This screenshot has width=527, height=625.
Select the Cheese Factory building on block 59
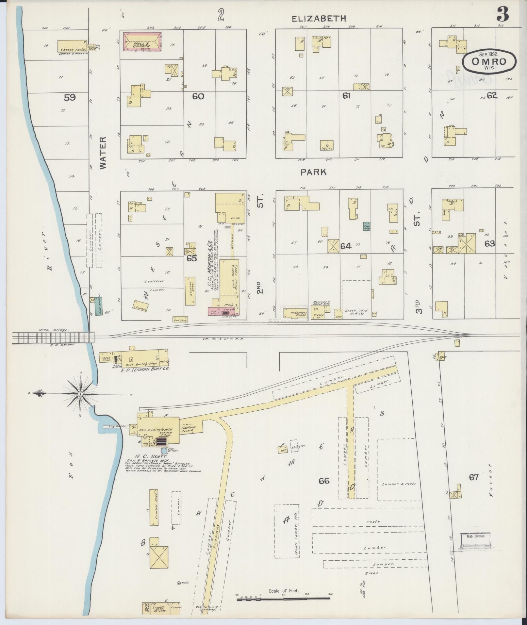click(72, 46)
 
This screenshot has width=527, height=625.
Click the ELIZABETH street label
click(319, 19)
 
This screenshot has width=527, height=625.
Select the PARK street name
click(313, 172)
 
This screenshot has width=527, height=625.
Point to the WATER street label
click(103, 153)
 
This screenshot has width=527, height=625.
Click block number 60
click(198, 96)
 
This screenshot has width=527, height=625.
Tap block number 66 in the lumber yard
click(324, 480)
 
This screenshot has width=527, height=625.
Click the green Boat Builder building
click(98, 306)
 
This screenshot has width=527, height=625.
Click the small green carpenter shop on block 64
click(366, 226)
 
